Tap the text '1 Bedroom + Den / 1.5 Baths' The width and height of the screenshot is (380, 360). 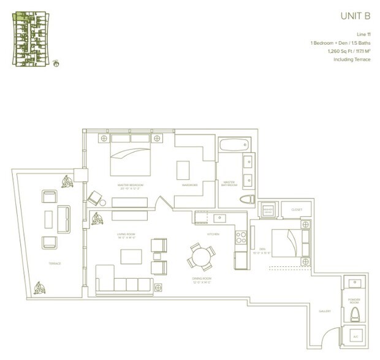tap(340, 43)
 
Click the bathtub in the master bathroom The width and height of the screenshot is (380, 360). tap(235, 148)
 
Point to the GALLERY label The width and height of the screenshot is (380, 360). tap(325, 310)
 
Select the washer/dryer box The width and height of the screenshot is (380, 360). tap(267, 210)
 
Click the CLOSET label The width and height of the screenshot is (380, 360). tap(297, 209)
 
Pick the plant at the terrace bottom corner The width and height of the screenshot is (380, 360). tap(40, 287)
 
